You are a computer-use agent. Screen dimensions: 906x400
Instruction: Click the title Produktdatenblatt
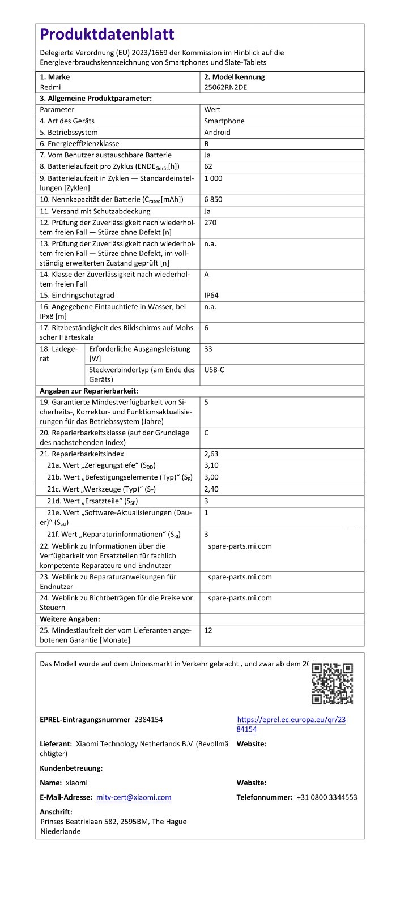coord(107,35)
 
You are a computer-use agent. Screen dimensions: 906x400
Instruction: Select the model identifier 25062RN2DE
coord(225,87)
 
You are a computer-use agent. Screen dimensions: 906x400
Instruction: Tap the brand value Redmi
coord(50,87)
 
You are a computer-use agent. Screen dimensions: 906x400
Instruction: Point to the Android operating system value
coord(217,133)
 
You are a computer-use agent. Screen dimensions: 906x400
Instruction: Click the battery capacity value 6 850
coord(213,199)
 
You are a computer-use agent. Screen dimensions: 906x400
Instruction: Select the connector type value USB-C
coord(214,369)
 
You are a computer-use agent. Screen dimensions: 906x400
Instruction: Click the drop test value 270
coord(210,223)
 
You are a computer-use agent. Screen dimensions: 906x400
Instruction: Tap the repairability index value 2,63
coord(211,454)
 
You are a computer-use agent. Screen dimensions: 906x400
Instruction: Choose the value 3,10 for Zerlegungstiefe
coord(211,465)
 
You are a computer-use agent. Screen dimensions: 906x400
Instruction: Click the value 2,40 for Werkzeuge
coord(211,489)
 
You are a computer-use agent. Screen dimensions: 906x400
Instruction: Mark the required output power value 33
coord(208,349)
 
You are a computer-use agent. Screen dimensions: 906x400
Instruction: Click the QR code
coord(332,683)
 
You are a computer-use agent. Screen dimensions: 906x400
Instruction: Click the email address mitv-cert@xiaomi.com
coord(134,797)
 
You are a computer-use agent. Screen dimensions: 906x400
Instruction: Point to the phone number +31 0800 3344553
coord(326,797)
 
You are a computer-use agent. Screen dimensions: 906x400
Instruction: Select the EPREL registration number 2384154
coord(148,719)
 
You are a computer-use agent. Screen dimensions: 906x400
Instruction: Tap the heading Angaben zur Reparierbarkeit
coord(89,391)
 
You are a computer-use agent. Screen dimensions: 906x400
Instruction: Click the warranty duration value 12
coord(208,630)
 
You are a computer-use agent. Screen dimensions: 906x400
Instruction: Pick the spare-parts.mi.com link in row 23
coord(240,577)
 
